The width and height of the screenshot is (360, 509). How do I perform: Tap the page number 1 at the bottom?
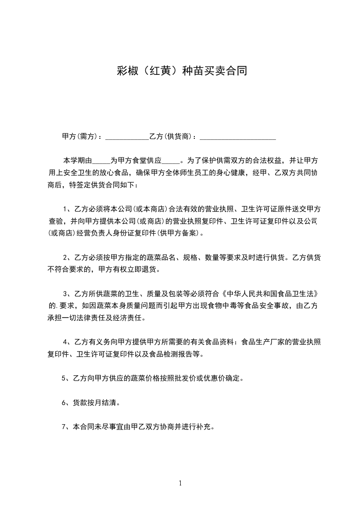[180, 483]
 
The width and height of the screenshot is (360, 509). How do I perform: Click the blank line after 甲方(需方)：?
[127, 137]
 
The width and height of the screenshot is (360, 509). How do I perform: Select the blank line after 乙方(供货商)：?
[238, 137]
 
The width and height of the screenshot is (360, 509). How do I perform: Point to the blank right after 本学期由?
[101, 162]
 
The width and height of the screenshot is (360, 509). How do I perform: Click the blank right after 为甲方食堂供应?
[171, 162]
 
